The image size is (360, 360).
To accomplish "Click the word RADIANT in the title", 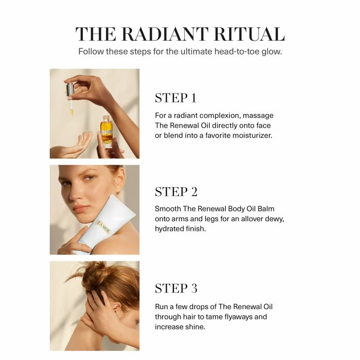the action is click(x=165, y=34).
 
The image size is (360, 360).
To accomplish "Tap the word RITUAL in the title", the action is click(x=249, y=34).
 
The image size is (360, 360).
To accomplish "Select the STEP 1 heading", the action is click(x=176, y=98).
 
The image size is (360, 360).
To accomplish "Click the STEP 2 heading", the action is click(x=176, y=192).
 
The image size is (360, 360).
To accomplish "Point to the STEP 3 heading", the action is click(x=176, y=288).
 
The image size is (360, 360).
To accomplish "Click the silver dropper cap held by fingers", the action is click(x=70, y=91).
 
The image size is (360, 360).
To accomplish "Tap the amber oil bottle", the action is click(x=106, y=132).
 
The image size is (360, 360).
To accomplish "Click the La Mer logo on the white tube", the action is click(x=103, y=227).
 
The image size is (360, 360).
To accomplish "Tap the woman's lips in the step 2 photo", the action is click(x=81, y=208).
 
